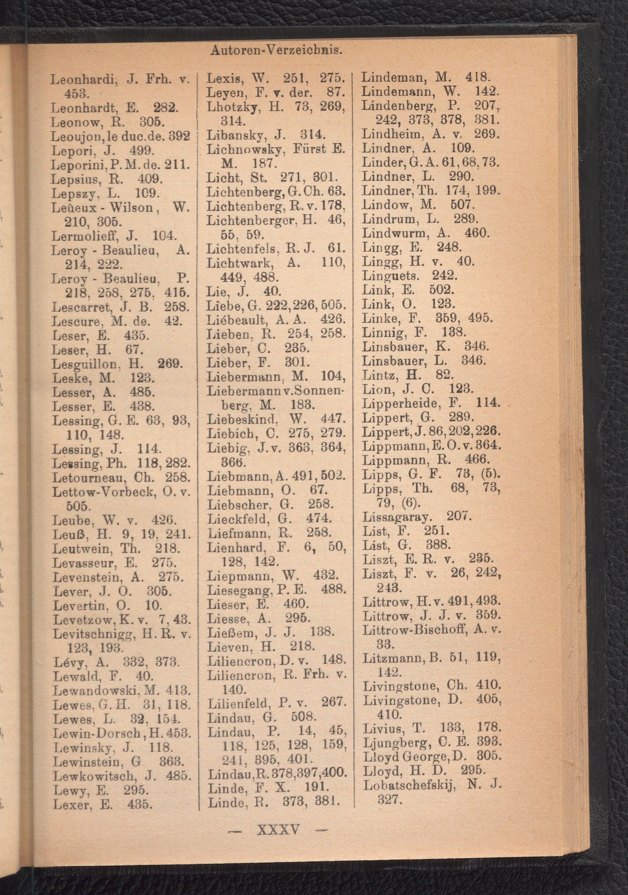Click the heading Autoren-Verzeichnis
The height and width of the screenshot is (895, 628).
click(276, 50)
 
